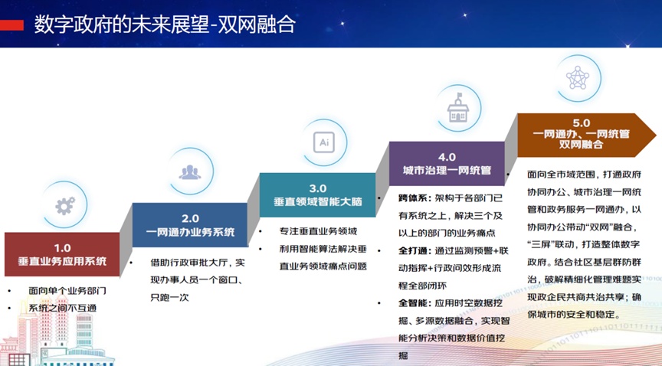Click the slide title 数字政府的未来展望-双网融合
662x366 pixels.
point(165,25)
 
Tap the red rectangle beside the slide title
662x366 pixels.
point(11,25)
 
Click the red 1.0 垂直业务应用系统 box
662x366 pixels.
point(62,254)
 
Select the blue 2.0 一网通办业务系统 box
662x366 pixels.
point(190,225)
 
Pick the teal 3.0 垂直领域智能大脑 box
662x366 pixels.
point(317,194)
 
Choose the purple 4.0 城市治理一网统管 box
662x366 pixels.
point(447,163)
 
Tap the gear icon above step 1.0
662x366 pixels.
point(65,206)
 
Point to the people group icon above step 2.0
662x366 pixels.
point(190,172)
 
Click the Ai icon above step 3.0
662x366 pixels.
point(324,142)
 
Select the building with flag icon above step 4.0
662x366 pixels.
point(458,108)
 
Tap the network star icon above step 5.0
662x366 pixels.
point(578,77)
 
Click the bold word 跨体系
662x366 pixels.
point(412,198)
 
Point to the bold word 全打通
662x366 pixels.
point(412,250)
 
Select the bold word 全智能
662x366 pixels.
point(412,303)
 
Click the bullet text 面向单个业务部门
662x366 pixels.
point(67,290)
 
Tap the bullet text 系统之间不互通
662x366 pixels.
point(63,308)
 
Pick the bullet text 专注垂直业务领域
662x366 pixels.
point(318,231)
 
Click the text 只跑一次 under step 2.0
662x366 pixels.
point(170,297)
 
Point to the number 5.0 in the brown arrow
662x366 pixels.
point(581,123)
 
